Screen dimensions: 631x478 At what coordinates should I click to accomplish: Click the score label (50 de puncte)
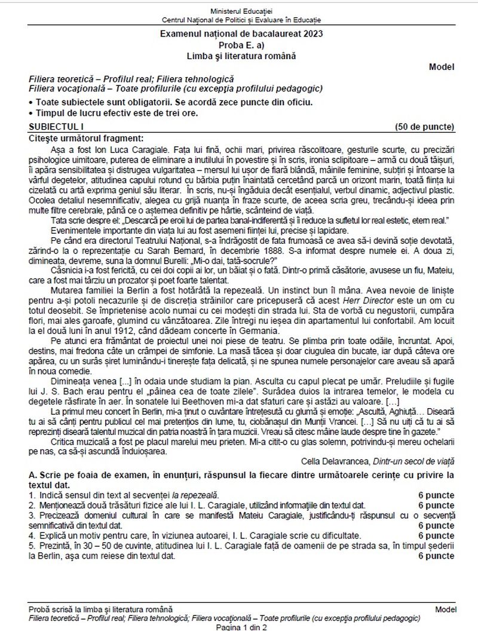click(425, 127)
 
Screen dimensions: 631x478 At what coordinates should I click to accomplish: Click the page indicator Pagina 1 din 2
click(241, 627)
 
